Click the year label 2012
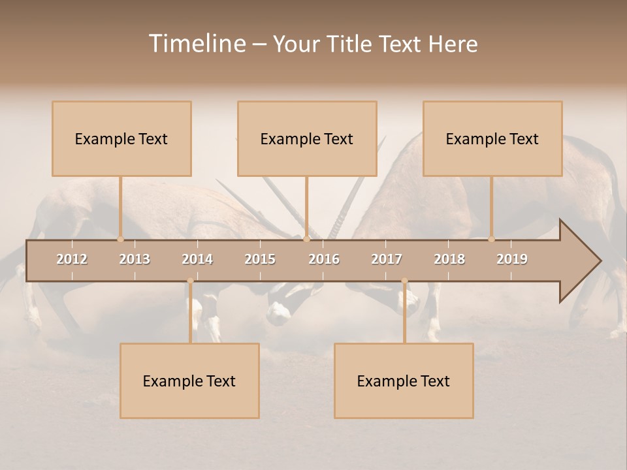click(72, 259)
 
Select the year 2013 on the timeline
click(135, 259)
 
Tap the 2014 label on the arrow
click(197, 259)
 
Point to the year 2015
click(260, 259)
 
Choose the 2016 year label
click(324, 259)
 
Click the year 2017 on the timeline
click(387, 259)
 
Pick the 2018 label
click(449, 259)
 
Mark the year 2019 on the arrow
click(512, 259)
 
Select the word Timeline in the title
click(197, 44)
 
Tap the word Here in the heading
click(453, 44)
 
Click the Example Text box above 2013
click(121, 139)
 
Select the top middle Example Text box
click(307, 139)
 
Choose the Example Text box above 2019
click(492, 139)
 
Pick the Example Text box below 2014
click(189, 381)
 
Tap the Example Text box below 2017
click(404, 381)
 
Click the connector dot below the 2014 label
click(190, 281)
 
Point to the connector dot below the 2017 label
click(404, 281)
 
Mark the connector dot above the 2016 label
click(306, 239)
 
